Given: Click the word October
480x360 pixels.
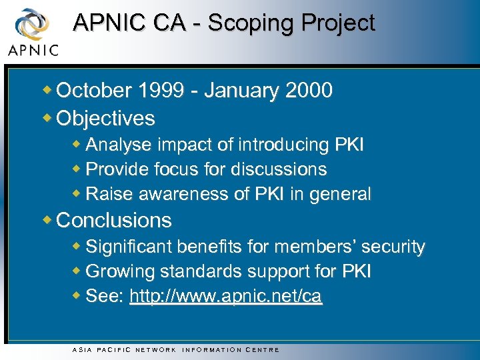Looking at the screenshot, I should [x=95, y=90].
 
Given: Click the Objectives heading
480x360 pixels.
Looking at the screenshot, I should [x=106, y=119].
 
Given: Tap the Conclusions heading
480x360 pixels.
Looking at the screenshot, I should [x=114, y=220].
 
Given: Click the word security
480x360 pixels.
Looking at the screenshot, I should [x=394, y=247].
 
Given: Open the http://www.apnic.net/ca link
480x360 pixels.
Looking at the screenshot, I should [x=225, y=297].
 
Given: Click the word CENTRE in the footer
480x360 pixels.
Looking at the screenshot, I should [x=263, y=349].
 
